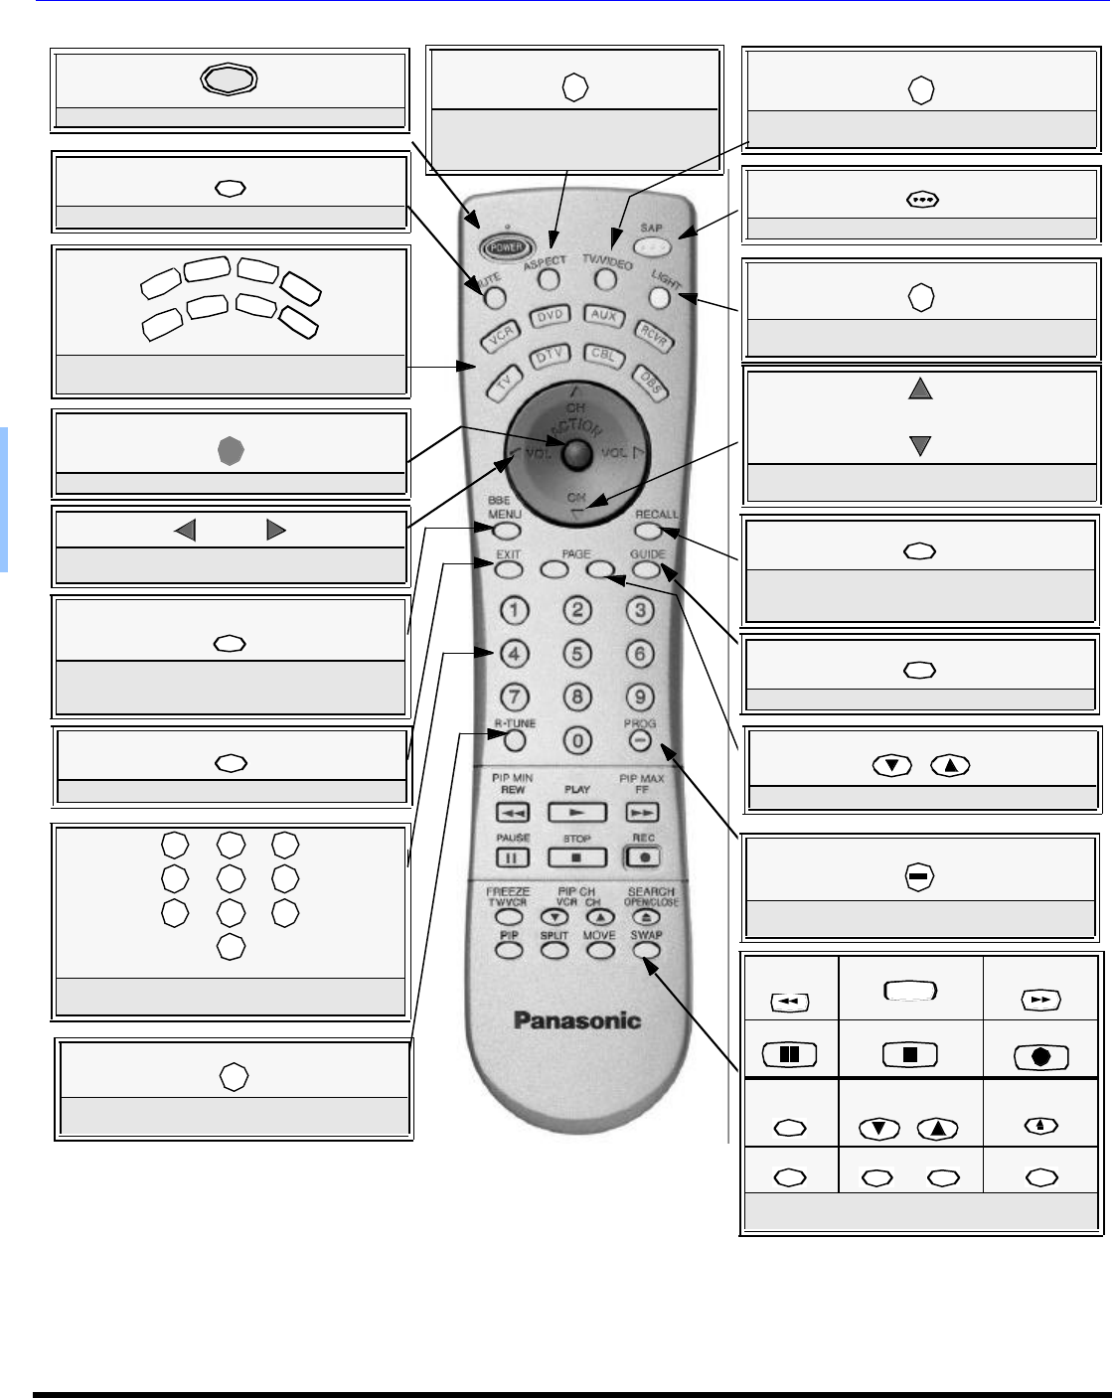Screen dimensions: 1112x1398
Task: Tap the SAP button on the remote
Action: (651, 245)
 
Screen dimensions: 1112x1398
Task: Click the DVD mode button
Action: (550, 316)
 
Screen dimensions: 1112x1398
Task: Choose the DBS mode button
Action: (651, 383)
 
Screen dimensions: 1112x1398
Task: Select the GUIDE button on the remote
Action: (646, 570)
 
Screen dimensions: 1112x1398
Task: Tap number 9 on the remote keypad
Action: (640, 698)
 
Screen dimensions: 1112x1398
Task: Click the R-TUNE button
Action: (514, 740)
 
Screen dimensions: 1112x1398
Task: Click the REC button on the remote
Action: (643, 856)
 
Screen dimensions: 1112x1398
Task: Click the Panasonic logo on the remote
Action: (576, 1020)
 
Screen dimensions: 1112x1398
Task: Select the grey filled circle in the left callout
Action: (231, 452)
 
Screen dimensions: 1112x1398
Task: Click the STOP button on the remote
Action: (576, 856)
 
